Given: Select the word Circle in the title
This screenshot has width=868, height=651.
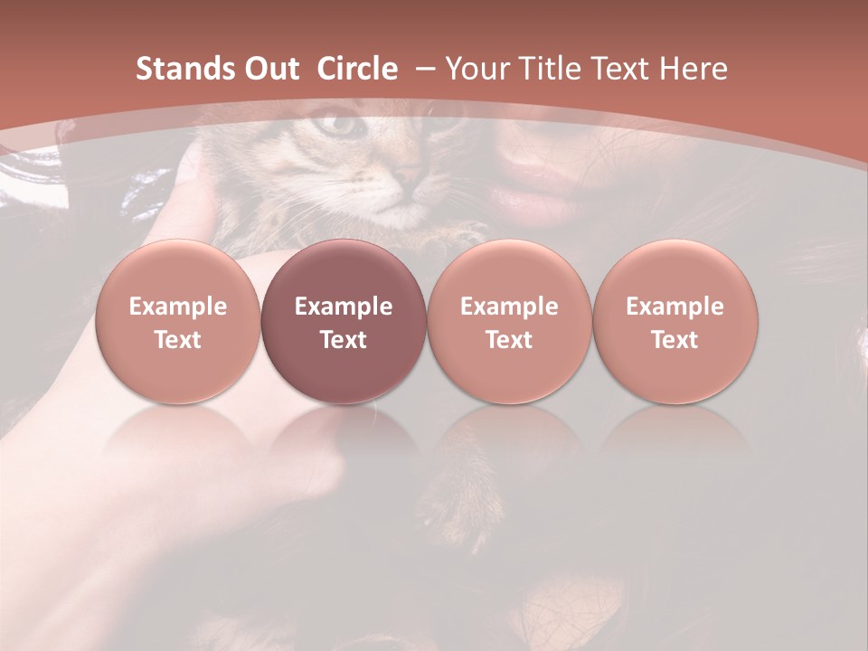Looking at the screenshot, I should click(x=357, y=69).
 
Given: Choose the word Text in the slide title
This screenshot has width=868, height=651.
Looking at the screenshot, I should click(x=617, y=69).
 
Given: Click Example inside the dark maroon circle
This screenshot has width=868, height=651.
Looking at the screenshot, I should click(x=344, y=307).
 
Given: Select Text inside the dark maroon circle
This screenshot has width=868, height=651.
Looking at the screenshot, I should click(x=344, y=340).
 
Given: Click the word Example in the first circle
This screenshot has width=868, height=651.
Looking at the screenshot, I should click(x=178, y=307).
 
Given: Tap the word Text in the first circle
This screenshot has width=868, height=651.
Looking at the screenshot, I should click(x=178, y=340).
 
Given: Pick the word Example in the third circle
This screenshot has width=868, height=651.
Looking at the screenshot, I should click(x=509, y=307).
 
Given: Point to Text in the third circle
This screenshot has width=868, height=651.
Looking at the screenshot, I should click(x=509, y=340).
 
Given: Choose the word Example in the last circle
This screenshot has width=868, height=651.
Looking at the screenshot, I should click(x=675, y=307).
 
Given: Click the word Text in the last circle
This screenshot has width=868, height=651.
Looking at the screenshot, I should click(x=675, y=340).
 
